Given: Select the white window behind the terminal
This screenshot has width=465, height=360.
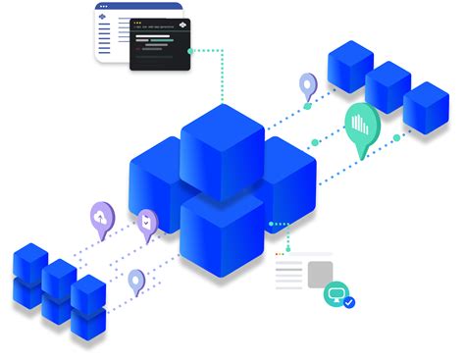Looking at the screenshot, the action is coord(111,33).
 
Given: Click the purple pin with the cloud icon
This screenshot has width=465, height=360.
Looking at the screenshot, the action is coord(102,215).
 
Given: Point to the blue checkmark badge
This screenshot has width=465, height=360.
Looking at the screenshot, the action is coord(348,302).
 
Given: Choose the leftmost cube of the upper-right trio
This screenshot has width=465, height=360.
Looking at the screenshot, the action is coord(349,66).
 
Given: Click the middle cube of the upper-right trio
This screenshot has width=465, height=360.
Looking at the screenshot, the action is coord(387,85).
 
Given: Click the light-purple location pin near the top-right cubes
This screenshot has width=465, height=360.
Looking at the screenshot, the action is coord(308,85).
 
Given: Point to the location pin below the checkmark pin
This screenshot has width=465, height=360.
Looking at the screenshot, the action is coord(136,281).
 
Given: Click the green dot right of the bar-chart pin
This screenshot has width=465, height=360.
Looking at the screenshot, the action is coord(397,137).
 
